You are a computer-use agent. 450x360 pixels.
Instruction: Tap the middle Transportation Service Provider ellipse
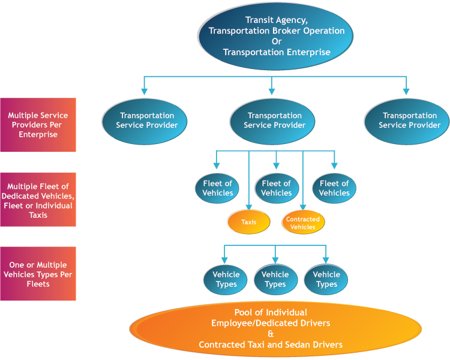(x=275, y=120)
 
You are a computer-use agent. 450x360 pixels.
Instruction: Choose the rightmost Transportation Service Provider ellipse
(x=407, y=120)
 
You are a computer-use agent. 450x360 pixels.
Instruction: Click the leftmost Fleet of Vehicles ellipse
(x=218, y=188)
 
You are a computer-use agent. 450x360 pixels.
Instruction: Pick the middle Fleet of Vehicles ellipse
(x=276, y=188)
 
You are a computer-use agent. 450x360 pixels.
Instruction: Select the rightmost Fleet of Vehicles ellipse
(x=334, y=188)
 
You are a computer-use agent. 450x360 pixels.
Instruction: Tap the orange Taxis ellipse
(x=249, y=222)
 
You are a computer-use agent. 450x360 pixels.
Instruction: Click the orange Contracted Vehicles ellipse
(x=303, y=223)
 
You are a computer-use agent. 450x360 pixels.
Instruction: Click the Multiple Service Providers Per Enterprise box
(x=38, y=125)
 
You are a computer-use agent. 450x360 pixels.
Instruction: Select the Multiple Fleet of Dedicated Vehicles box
(x=38, y=200)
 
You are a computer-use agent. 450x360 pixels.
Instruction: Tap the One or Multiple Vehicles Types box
(x=38, y=274)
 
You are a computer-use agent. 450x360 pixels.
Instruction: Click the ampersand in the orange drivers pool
(x=271, y=334)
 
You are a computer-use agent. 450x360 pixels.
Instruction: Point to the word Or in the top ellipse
(x=277, y=41)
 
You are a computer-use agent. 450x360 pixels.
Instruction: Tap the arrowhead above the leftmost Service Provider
(x=145, y=92)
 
